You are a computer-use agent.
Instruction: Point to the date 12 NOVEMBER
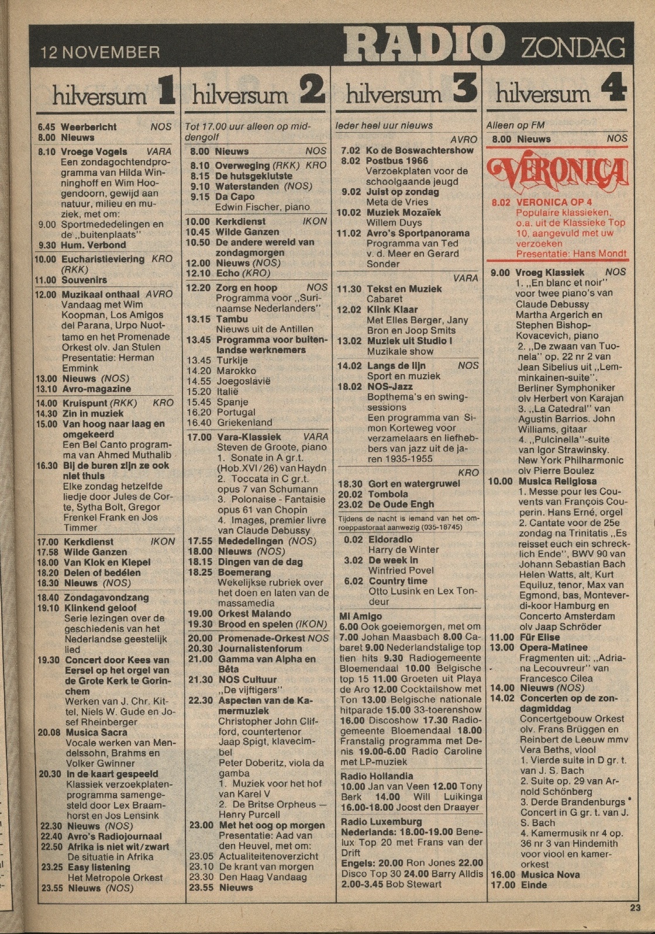pyautogui.click(x=100, y=53)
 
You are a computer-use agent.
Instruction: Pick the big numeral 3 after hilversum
pyautogui.click(x=464, y=91)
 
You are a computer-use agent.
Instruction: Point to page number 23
pyautogui.click(x=635, y=908)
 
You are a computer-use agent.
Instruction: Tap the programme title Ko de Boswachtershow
pyautogui.click(x=419, y=150)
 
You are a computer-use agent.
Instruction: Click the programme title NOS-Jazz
pyautogui.click(x=389, y=386)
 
